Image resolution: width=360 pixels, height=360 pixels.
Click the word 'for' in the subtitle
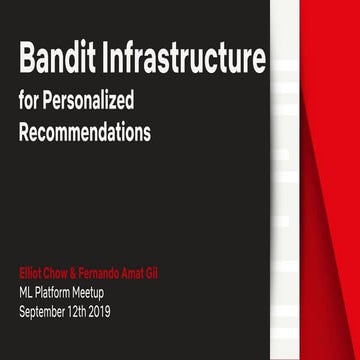27,103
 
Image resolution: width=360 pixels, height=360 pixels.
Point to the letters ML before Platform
27,293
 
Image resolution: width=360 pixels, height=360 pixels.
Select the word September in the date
46,311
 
